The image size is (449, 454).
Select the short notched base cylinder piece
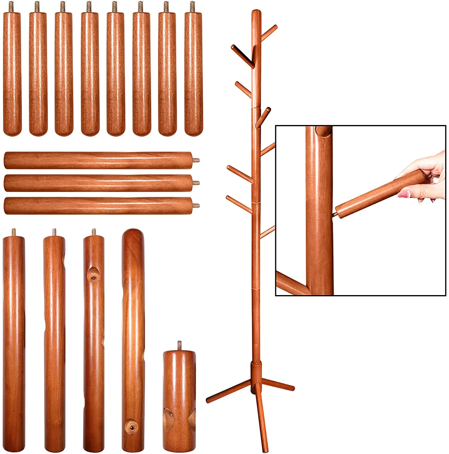179,400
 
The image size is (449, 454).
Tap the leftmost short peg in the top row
12,73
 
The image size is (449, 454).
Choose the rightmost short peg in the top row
193,73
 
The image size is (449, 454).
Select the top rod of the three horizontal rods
98,160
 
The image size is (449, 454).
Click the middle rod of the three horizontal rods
98,183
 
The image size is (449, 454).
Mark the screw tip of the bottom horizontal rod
196,205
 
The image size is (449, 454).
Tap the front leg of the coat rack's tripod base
262,421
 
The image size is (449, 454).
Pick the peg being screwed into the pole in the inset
378,194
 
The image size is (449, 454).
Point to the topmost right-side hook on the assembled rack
269,32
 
